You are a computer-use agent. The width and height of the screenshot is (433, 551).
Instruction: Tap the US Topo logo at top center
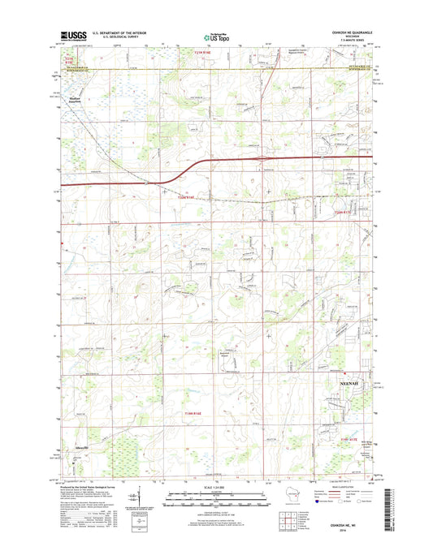coord(215,36)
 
